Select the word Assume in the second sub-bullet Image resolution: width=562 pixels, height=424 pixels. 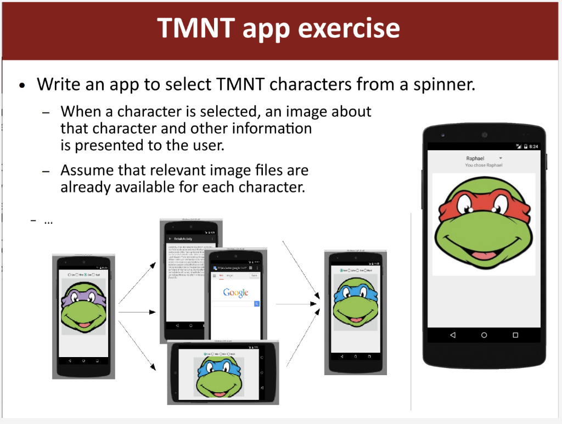[85, 170]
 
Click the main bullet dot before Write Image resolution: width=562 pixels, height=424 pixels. [22, 86]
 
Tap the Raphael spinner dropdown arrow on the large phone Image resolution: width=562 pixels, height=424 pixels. [501, 158]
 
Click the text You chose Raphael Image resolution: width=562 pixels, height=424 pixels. [484, 165]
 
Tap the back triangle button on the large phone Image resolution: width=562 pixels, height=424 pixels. [453, 335]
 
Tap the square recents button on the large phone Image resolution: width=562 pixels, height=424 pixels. [515, 335]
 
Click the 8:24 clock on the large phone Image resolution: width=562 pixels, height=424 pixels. [533, 146]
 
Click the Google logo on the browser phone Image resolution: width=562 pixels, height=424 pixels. [235, 293]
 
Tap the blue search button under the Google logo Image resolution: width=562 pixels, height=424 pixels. [256, 303]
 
